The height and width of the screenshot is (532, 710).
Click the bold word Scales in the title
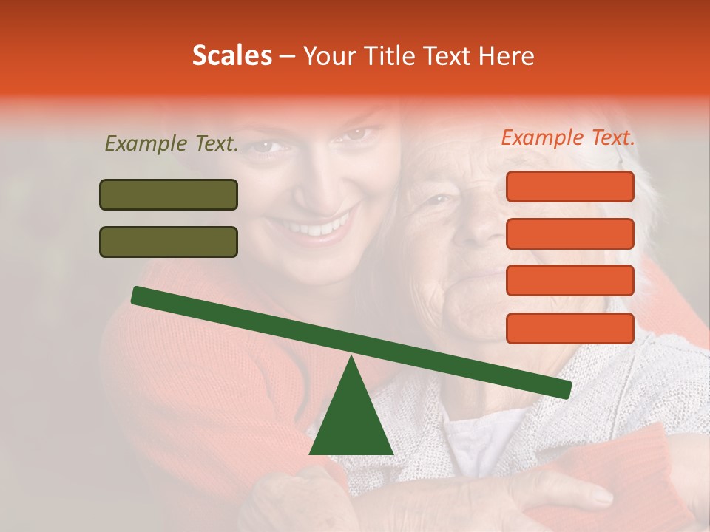(x=232, y=55)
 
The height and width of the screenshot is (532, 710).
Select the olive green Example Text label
(x=172, y=143)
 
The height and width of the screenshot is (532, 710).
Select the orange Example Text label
(x=568, y=137)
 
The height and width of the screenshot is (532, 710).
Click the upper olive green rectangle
(x=169, y=194)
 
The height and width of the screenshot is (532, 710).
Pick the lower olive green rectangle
(x=169, y=242)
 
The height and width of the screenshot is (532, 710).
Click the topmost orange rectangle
(x=570, y=186)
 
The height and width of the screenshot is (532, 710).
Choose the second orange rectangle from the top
(x=570, y=233)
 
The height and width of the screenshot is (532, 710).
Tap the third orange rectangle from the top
(x=570, y=281)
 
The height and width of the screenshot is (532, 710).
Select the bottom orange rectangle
(x=570, y=328)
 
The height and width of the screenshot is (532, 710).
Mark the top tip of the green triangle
(x=351, y=358)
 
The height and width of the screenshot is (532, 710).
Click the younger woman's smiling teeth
(x=319, y=227)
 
